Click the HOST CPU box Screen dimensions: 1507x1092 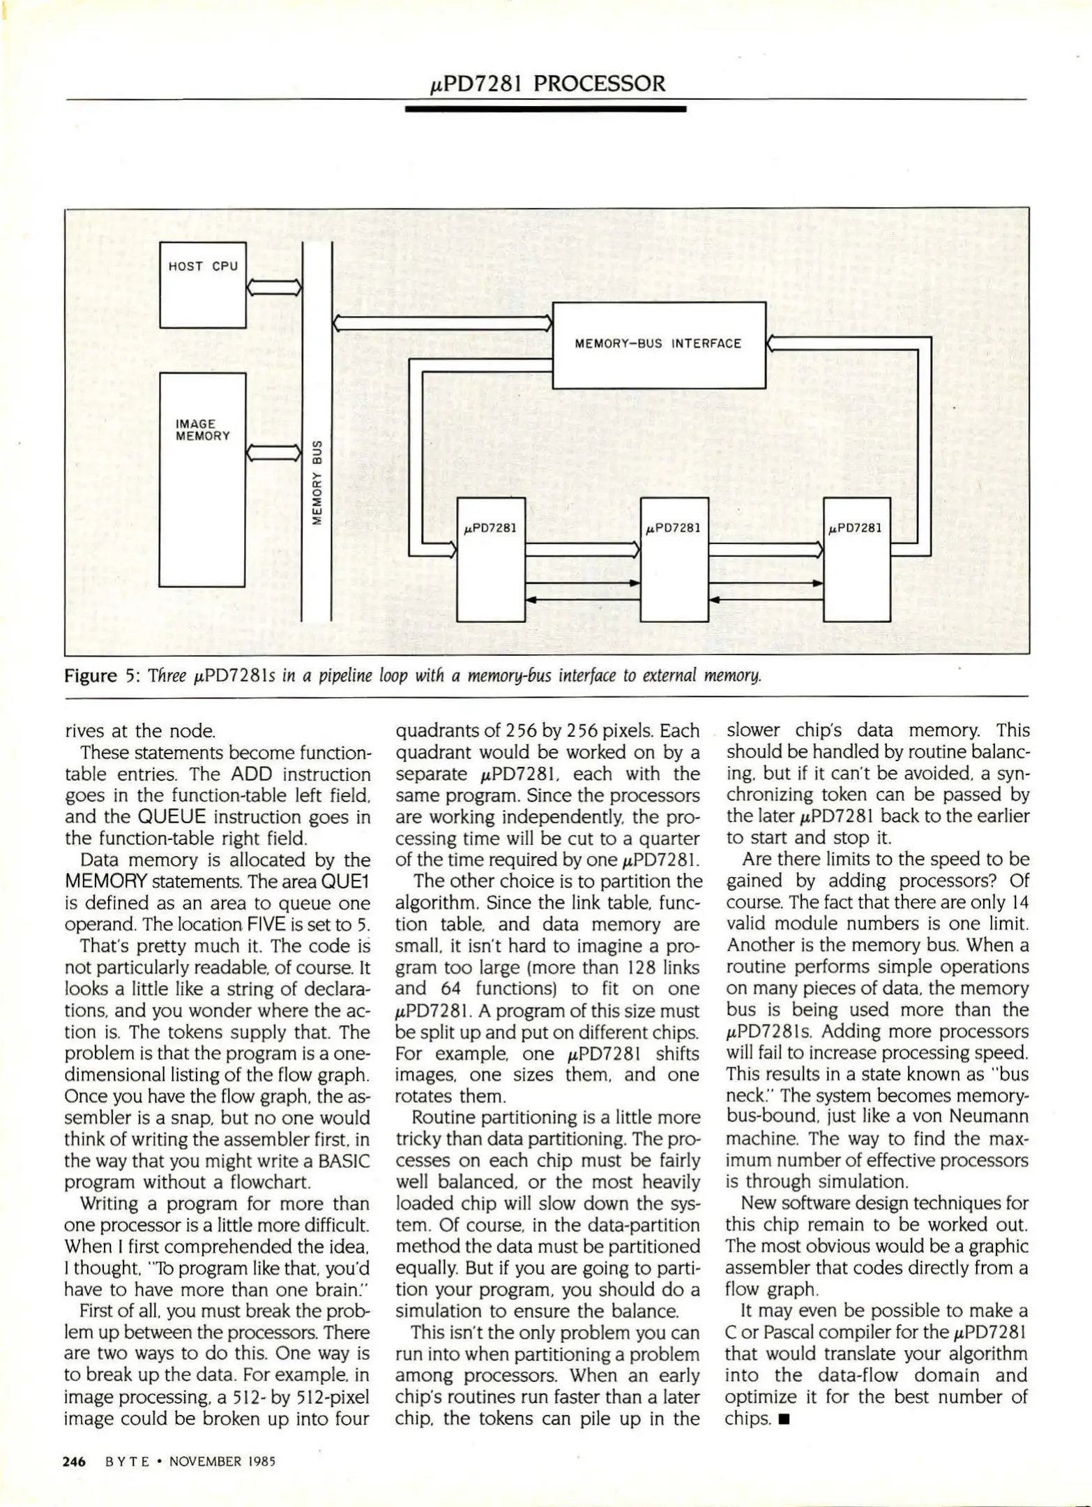pyautogui.click(x=202, y=285)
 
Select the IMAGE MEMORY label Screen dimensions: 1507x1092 pyautogui.click(x=202, y=430)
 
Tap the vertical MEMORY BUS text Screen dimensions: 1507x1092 pyautogui.click(x=317, y=481)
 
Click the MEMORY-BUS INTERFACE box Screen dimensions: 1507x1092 pyautogui.click(x=658, y=345)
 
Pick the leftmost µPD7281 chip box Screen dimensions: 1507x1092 pyautogui.click(x=490, y=560)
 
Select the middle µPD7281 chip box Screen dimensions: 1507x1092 pyautogui.click(x=674, y=560)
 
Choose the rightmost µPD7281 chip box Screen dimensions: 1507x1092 pyautogui.click(x=856, y=560)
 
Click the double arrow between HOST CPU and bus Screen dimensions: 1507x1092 pyautogui.click(x=274, y=287)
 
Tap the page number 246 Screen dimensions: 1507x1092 pyautogui.click(x=74, y=1462)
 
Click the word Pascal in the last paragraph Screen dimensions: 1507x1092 pyautogui.click(x=789, y=1333)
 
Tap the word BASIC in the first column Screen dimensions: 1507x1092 pyautogui.click(x=344, y=1162)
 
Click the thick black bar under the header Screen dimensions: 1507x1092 pyautogui.click(x=545, y=109)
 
